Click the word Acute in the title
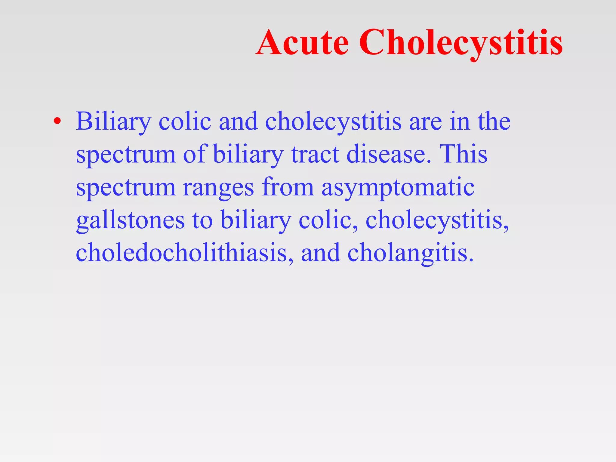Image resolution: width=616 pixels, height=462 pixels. pos(302,43)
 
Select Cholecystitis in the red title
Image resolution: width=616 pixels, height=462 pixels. pos(460,43)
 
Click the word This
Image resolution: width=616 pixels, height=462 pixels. pos(463,154)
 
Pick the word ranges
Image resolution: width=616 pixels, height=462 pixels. pos(218,187)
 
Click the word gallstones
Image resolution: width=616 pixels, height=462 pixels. pos(130,220)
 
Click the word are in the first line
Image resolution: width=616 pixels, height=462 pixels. pos(425,122)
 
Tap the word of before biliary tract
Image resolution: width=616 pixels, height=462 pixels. pos(194,154)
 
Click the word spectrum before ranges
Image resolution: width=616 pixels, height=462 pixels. pos(126,188)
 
